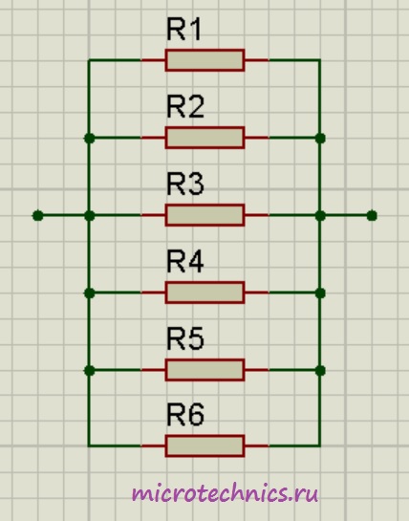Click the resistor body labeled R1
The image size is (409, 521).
(x=205, y=60)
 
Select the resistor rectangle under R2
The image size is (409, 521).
(x=205, y=138)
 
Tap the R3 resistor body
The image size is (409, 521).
(x=205, y=215)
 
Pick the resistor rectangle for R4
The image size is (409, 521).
(x=205, y=293)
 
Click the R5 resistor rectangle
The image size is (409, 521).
(x=205, y=370)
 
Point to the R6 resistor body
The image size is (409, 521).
(x=205, y=445)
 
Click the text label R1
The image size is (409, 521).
(x=183, y=30)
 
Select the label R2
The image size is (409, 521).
(x=185, y=107)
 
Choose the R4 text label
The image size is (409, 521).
(x=185, y=262)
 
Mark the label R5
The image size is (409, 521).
(x=185, y=338)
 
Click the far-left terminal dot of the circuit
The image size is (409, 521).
(x=38, y=216)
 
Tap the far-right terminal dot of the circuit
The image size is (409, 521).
(x=372, y=216)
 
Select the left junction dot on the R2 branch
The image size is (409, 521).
(x=90, y=139)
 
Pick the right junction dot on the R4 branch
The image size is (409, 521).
(x=320, y=293)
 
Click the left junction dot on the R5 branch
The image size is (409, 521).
(x=90, y=371)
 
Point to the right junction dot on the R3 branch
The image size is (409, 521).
(x=320, y=216)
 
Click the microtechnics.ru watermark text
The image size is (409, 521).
(x=225, y=493)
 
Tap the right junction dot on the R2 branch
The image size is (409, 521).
(x=320, y=139)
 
